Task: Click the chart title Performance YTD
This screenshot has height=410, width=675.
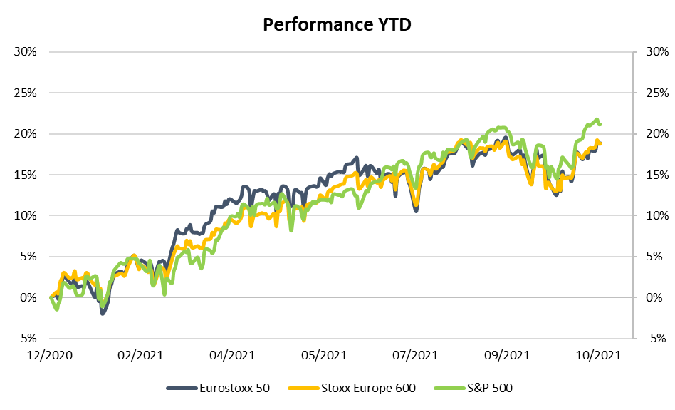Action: [x=337, y=24]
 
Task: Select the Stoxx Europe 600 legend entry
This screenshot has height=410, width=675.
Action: [x=352, y=388]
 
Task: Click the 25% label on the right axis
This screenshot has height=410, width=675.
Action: [x=654, y=93]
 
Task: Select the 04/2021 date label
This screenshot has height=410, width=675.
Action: [x=232, y=354]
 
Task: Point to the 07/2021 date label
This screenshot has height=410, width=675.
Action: [x=415, y=354]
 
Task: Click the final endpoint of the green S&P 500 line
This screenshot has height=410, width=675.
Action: [x=601, y=125]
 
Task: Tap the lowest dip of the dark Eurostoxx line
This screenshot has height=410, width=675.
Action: [x=103, y=313]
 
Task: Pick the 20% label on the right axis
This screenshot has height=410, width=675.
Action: [x=654, y=134]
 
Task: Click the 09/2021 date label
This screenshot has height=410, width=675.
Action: [x=506, y=354]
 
